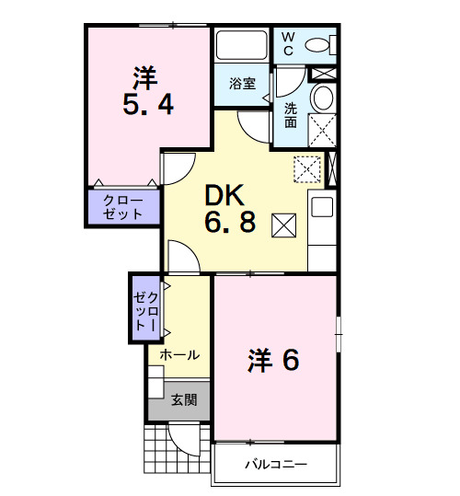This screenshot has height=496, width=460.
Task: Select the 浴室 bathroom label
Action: point(241,83)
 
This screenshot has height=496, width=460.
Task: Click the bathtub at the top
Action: point(241,45)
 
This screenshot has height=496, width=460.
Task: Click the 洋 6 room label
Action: point(273,361)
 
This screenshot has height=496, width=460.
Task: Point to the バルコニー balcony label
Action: point(275,465)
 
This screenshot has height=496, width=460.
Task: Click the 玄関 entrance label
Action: point(183,399)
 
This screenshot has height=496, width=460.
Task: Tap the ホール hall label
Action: point(179,354)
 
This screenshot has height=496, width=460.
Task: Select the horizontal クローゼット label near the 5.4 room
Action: point(122,207)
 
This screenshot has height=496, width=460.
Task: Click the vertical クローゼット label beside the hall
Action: point(145,308)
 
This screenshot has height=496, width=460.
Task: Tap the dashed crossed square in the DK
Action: point(305,168)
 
